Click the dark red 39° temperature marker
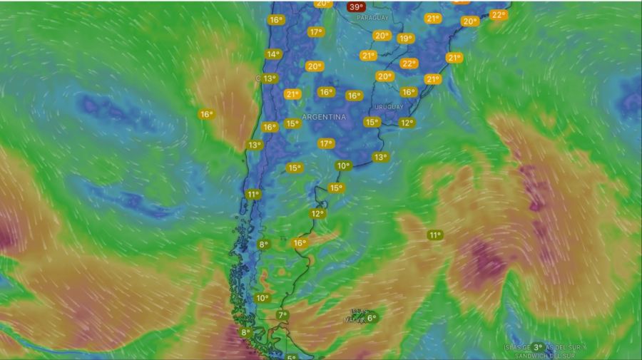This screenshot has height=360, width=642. [355, 7]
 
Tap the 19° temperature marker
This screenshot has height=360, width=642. [406, 38]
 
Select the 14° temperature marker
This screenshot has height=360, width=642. [272, 54]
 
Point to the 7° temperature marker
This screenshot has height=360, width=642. [282, 315]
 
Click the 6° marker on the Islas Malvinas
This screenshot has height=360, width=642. [372, 318]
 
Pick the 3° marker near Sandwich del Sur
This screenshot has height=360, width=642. [538, 347]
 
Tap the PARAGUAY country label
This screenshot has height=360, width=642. [372, 17]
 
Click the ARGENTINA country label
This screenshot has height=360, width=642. [324, 116]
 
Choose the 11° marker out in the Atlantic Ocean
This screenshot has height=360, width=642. [435, 235]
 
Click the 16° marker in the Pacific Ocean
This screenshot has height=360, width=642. [206, 114]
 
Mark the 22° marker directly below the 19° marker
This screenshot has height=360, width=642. [409, 63]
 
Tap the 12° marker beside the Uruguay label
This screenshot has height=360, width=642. [407, 123]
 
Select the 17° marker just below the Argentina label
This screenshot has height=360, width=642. [326, 143]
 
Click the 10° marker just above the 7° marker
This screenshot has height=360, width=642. [263, 298]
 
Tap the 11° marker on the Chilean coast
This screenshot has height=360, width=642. [253, 194]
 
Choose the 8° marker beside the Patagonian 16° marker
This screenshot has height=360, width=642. [263, 245]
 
